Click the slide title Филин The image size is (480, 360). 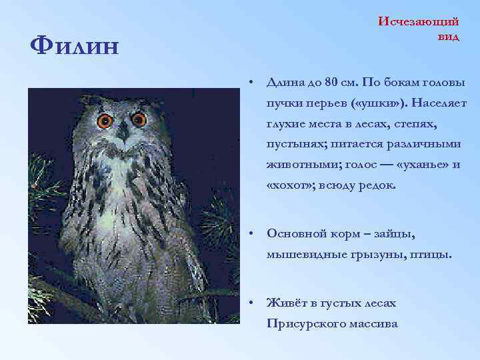(75, 47)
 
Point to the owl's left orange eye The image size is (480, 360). (105, 121)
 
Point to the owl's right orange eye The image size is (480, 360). (139, 119)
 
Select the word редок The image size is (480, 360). (377, 185)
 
